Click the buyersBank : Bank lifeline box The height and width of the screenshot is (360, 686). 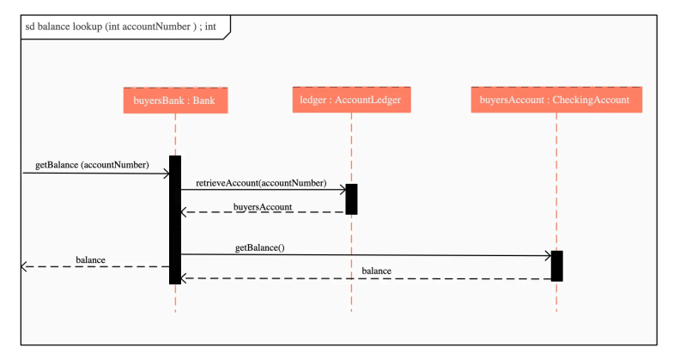point(175,101)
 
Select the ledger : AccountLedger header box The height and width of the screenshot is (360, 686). point(350,101)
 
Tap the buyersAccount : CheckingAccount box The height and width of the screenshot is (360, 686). point(555,101)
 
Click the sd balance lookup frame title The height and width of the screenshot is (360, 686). point(120,27)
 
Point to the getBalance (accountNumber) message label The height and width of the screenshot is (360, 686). point(92,164)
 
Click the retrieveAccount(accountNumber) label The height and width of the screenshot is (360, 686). point(261,182)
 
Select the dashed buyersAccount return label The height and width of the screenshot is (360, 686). point(263,207)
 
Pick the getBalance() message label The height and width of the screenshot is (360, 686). point(259,247)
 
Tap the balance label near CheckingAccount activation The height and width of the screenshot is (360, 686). point(376,271)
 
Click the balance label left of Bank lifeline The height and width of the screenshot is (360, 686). point(90,259)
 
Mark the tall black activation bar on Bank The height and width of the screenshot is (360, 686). point(175,219)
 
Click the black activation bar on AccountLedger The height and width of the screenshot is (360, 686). point(351,198)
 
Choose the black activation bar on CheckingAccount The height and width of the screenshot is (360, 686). point(556,265)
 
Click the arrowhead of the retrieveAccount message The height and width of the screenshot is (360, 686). point(341,188)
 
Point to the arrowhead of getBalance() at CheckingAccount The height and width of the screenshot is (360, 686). point(546,255)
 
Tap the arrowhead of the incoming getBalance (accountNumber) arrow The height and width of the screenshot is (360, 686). point(166,174)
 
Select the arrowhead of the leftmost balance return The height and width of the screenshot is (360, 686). point(25,267)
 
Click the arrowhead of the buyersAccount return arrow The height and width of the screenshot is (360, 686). point(185,213)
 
